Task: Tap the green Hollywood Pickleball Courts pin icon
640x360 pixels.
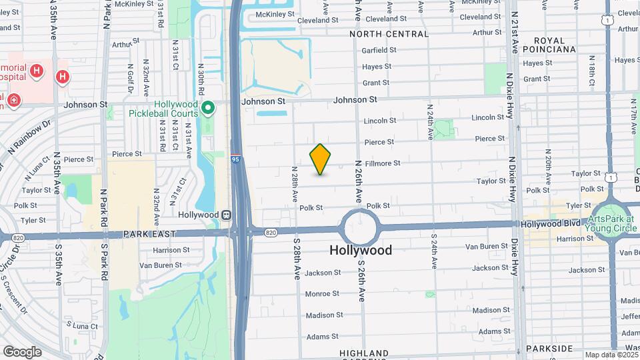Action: pyautogui.click(x=208, y=107)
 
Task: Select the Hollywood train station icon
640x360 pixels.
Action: pyautogui.click(x=227, y=215)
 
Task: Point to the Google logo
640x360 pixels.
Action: pyautogui.click(x=22, y=351)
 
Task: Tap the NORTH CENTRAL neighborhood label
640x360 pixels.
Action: pyautogui.click(x=389, y=34)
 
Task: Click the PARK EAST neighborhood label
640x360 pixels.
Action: pyautogui.click(x=150, y=234)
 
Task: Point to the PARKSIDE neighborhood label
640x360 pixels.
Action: pyautogui.click(x=549, y=348)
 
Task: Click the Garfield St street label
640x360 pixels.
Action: pyautogui.click(x=379, y=50)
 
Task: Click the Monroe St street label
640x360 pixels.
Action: pyautogui.click(x=323, y=294)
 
